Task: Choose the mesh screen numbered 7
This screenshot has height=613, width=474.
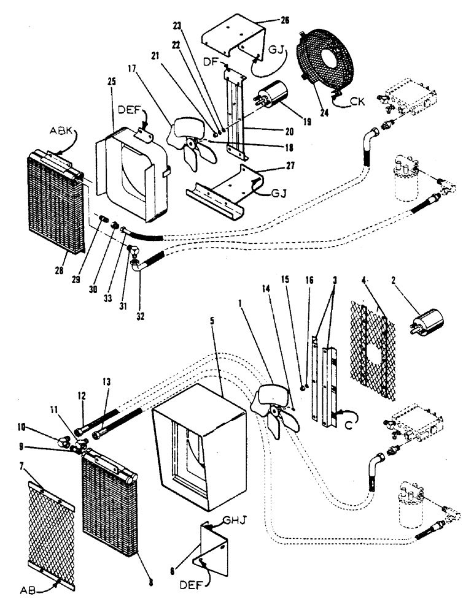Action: point(52,533)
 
